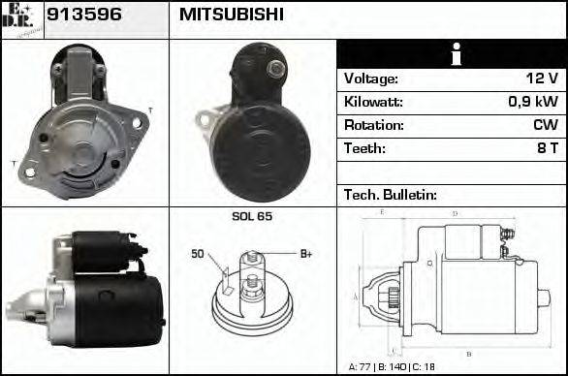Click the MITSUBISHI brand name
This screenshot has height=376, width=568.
[x=232, y=15]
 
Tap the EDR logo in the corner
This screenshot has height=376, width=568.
[x=21, y=18]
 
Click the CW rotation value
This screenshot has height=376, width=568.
[x=545, y=125]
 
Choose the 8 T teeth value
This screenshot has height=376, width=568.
[x=547, y=148]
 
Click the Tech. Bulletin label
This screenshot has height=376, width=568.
[x=391, y=195]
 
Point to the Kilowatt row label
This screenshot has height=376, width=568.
[x=373, y=102]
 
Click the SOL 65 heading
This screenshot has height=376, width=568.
[x=252, y=216]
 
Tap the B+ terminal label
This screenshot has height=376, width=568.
[x=305, y=254]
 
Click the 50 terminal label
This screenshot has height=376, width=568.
[x=197, y=254]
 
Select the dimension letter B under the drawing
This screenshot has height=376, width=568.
[x=469, y=354]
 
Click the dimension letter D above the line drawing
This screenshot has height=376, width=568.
[x=455, y=212]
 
